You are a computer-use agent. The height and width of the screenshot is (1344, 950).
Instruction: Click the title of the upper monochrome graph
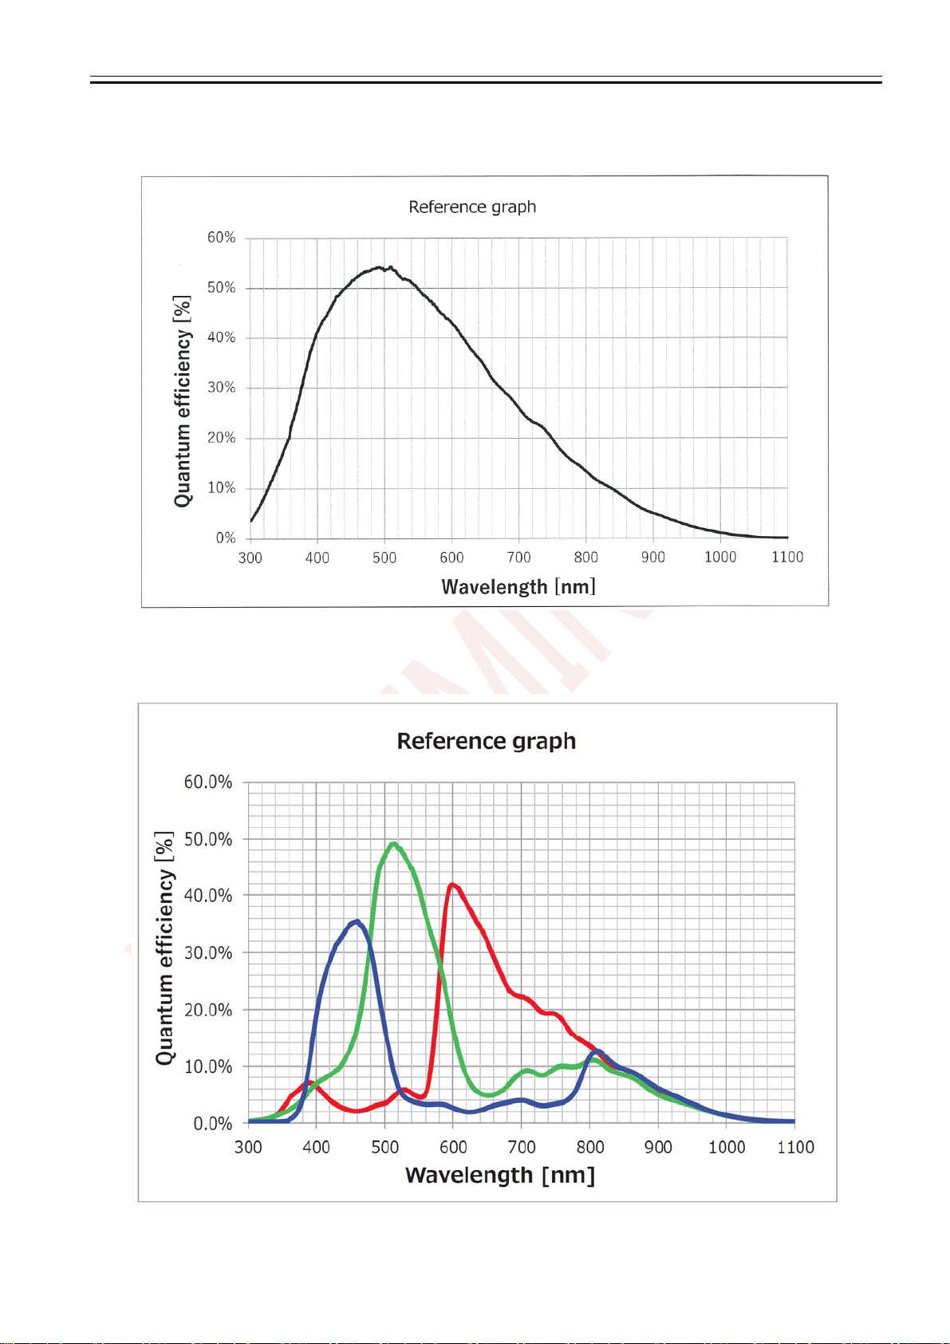(x=472, y=207)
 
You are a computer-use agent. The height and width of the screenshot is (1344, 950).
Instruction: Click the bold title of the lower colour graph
(x=486, y=741)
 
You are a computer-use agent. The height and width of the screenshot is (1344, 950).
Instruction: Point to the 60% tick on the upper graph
(x=221, y=238)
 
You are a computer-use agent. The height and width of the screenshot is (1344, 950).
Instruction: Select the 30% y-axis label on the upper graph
(x=221, y=388)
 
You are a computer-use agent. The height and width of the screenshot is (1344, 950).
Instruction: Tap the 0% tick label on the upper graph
(x=225, y=538)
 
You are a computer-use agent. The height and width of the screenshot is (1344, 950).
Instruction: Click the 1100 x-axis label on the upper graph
(x=786, y=558)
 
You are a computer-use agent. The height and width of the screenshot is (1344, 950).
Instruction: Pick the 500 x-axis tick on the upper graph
(x=384, y=558)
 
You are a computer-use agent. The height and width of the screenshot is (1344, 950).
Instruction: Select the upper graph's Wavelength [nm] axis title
(x=518, y=587)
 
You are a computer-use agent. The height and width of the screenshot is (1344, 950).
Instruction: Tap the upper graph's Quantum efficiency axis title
(x=183, y=400)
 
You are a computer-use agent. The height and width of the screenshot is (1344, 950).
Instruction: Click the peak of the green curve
(x=393, y=844)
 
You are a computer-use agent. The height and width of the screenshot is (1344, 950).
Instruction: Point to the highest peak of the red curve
(x=452, y=885)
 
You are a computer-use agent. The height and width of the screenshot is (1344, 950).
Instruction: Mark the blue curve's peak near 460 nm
(x=357, y=921)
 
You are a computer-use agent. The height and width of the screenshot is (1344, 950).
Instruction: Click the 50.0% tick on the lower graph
(x=208, y=839)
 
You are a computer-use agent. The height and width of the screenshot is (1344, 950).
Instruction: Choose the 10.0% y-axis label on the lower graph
(x=208, y=1067)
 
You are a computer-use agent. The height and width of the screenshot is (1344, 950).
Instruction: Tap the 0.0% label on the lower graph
(x=212, y=1124)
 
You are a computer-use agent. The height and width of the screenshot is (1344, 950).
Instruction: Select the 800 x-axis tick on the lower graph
(x=590, y=1147)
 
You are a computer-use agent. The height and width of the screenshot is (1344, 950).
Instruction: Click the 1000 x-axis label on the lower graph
(x=727, y=1147)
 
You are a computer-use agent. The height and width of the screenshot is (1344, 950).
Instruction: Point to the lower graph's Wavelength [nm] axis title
(x=500, y=1176)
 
